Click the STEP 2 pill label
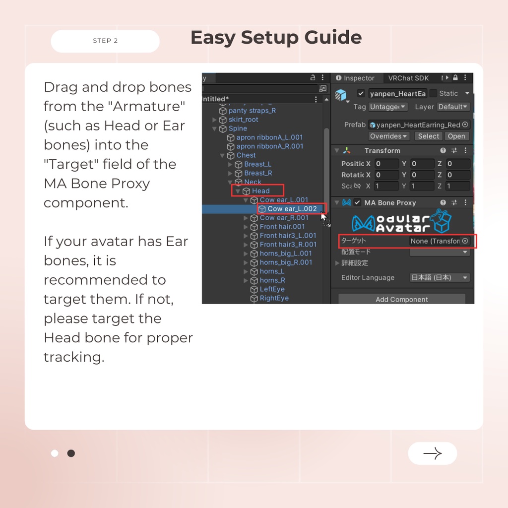coord(105,41)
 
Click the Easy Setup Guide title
coord(276,38)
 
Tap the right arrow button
coord(433,453)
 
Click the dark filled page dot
coord(71,453)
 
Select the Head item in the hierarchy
coord(260,191)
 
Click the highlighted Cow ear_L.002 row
coord(292,209)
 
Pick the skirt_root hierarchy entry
coord(243,120)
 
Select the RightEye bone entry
coord(274,298)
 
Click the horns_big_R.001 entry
coord(285,262)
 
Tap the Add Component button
coord(402,299)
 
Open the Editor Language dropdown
coord(440,278)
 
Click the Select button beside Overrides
coord(428,136)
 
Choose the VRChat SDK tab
coord(408,78)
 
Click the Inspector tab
coord(355,78)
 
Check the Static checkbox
coord(433,93)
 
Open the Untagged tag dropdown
coord(387,107)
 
